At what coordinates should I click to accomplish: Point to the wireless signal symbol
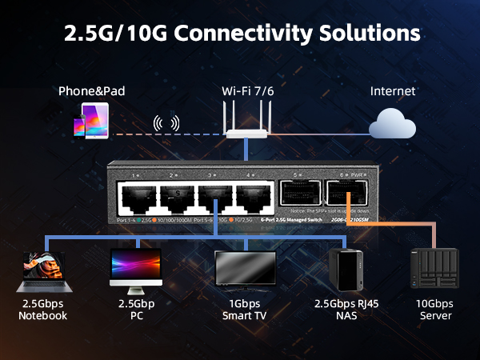pos(166,124)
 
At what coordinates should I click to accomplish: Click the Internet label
pos(393,90)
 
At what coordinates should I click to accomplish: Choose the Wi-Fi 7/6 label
pos(246,90)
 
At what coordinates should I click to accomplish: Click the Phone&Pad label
pos(92,90)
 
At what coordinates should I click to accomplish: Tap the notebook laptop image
pos(42,271)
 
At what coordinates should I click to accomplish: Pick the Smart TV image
pos(246,272)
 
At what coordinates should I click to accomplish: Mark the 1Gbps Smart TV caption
pos(246,310)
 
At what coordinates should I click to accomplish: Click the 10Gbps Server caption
pos(434,310)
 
